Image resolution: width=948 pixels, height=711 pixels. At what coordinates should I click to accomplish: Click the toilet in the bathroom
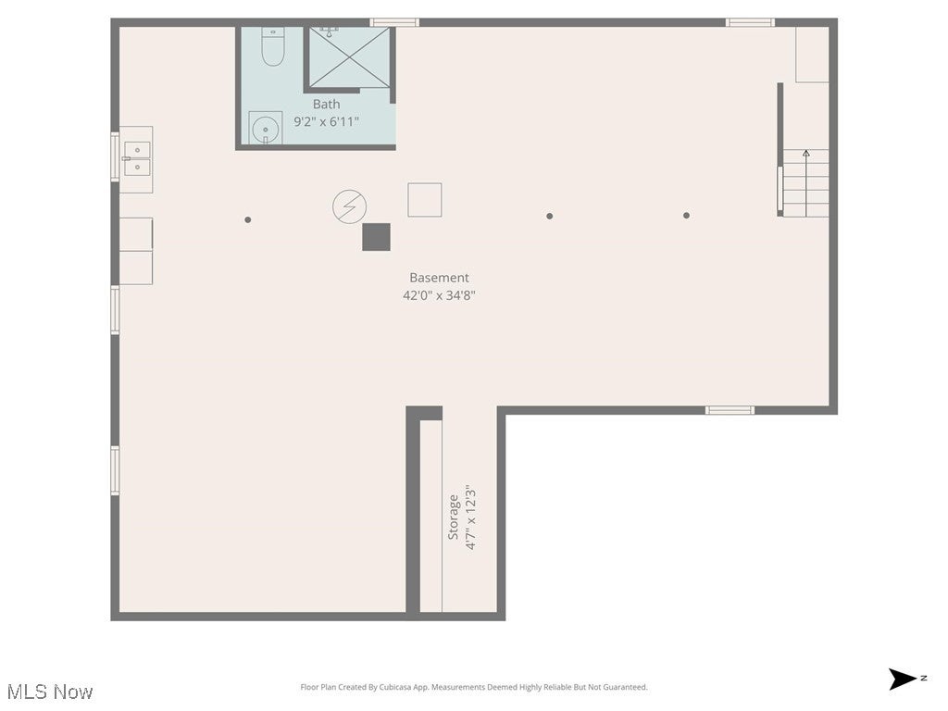click(272, 47)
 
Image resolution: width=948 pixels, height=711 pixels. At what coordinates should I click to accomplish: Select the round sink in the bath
click(266, 128)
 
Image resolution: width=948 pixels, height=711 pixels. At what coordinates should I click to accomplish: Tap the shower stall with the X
click(349, 57)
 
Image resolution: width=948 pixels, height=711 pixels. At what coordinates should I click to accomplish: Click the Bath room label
click(326, 105)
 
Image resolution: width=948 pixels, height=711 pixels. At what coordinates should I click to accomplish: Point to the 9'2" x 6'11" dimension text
click(326, 121)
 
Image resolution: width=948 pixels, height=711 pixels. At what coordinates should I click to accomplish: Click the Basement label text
click(439, 278)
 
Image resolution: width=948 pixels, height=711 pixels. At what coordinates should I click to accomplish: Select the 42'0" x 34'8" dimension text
click(439, 295)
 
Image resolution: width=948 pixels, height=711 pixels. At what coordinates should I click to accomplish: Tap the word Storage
click(454, 518)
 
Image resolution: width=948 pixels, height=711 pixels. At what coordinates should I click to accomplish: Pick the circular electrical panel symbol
click(349, 206)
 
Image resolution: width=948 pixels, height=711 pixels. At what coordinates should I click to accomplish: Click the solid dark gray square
click(376, 237)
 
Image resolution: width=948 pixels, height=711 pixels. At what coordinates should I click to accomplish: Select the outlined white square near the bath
click(424, 200)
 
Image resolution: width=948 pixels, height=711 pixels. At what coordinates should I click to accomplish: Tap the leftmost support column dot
click(247, 219)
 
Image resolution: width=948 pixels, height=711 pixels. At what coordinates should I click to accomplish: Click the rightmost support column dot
click(686, 216)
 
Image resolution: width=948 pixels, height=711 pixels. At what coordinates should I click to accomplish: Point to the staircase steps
click(805, 183)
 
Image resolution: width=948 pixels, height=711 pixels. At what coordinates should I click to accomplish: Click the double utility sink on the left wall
click(136, 158)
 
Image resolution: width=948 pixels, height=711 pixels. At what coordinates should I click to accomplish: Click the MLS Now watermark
click(50, 692)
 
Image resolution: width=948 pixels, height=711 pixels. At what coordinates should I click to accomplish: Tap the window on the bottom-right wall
click(730, 409)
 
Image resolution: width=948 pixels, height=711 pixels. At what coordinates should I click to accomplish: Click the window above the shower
click(394, 22)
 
